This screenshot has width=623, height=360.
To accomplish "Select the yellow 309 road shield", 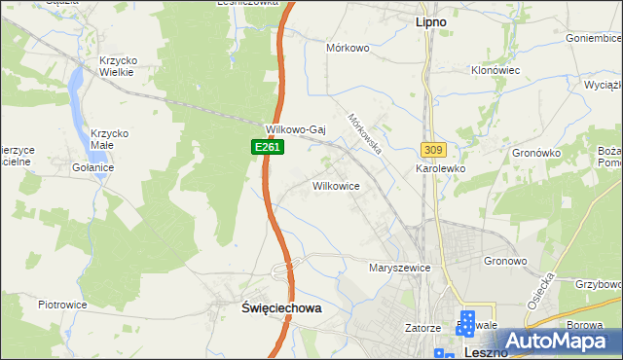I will click(433, 149).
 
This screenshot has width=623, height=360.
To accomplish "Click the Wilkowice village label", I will click(336, 185).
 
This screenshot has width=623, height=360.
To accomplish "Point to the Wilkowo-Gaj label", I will click(294, 129).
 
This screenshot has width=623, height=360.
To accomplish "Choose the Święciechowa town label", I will click(280, 306).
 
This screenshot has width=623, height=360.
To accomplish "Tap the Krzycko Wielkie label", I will click(118, 67).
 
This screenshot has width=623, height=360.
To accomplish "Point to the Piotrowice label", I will click(63, 305).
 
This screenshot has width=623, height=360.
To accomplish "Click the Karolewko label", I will click(442, 168).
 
